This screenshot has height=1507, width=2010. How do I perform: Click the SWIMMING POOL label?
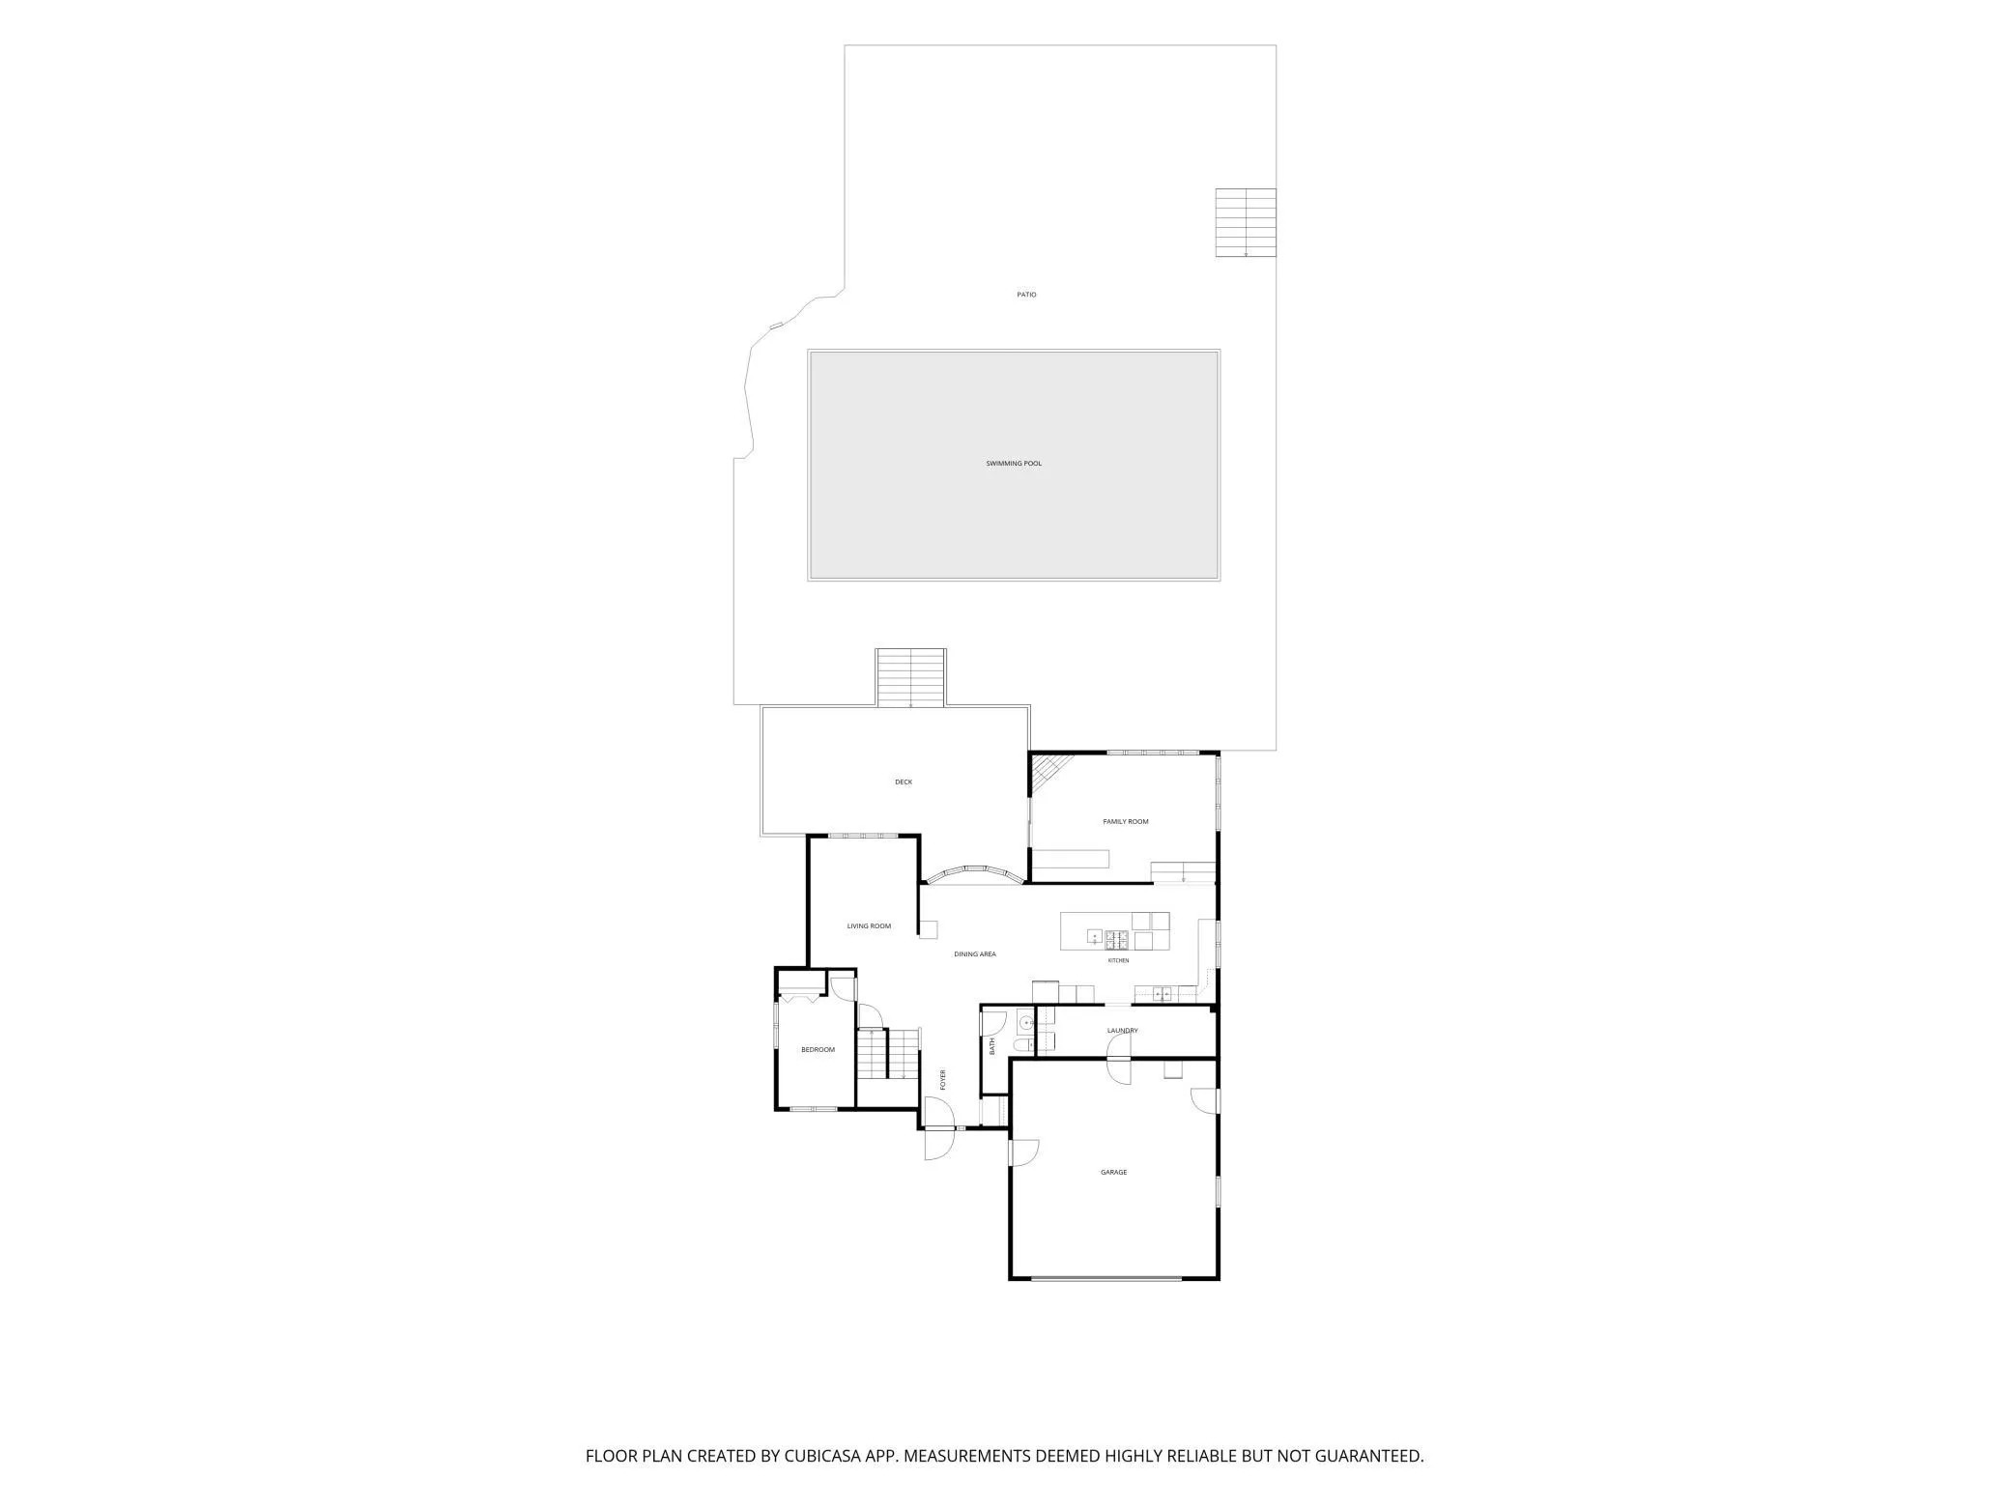pyautogui.click(x=1014, y=464)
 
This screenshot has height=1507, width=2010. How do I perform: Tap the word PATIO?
pyautogui.click(x=1026, y=295)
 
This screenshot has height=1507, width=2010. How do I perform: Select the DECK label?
pyautogui.click(x=904, y=782)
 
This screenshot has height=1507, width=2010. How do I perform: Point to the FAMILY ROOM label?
pyautogui.click(x=1126, y=822)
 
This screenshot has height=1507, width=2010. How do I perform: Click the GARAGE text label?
pyautogui.click(x=1114, y=1173)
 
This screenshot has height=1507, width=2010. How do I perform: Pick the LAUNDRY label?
pyautogui.click(x=1123, y=1031)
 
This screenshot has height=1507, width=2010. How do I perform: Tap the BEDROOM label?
pyautogui.click(x=818, y=1050)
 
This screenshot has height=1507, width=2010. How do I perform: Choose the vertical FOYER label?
pyautogui.click(x=943, y=1080)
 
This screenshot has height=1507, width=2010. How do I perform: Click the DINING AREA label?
pyautogui.click(x=975, y=954)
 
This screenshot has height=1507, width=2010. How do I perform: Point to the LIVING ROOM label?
pyautogui.click(x=869, y=926)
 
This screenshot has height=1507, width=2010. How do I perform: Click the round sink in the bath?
pyautogui.click(x=1024, y=1021)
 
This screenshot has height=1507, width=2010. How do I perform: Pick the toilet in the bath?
pyautogui.click(x=1020, y=1045)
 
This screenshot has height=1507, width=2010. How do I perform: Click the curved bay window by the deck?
pyautogui.click(x=974, y=875)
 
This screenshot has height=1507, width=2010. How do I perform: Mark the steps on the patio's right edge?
pyautogui.click(x=1246, y=223)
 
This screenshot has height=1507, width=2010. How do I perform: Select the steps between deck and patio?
pyautogui.click(x=910, y=677)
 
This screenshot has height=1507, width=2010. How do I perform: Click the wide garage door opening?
pyautogui.click(x=1105, y=1279)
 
